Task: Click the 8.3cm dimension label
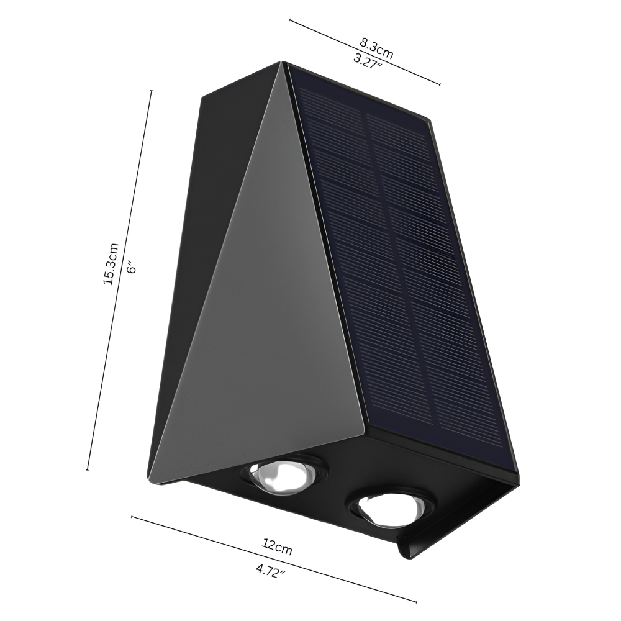376,47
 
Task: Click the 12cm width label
277,546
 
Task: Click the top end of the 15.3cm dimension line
152,91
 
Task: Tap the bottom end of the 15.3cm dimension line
88,469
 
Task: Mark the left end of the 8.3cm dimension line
290,20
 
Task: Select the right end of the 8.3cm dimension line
440,84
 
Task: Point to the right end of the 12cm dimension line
415,602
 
